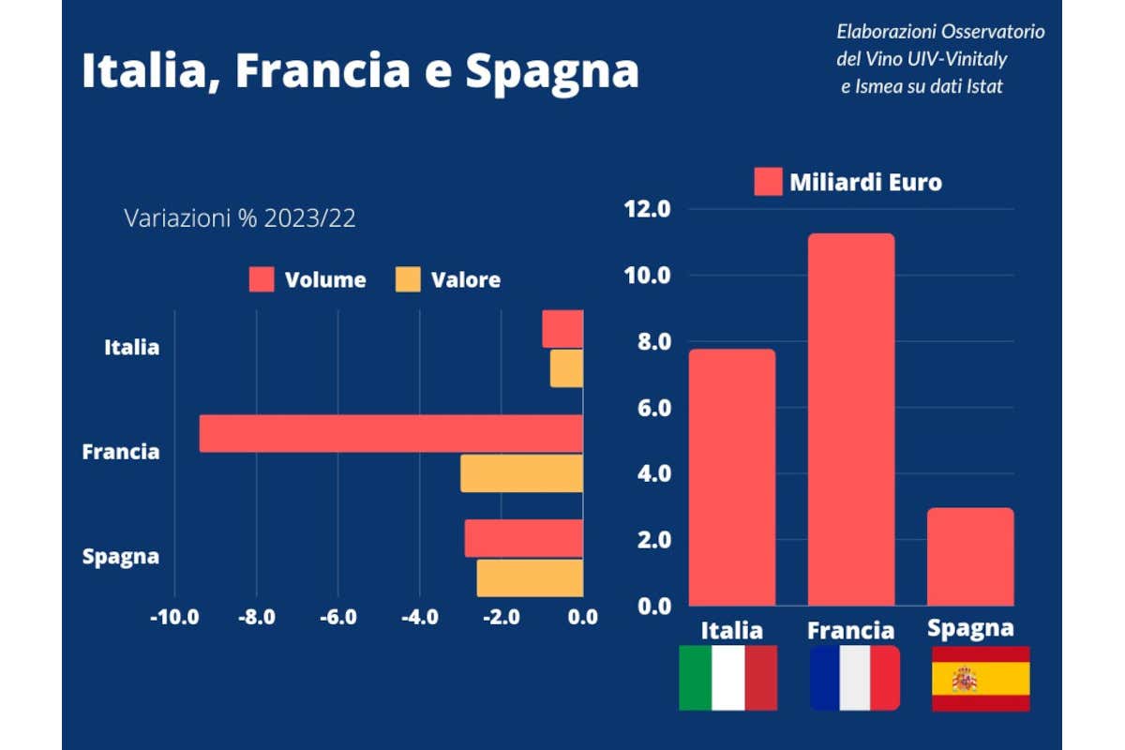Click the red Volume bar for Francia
pyautogui.click(x=391, y=433)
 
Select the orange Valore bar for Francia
pyautogui.click(x=521, y=473)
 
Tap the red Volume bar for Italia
pyautogui.click(x=562, y=329)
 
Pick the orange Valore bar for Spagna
pyautogui.click(x=530, y=577)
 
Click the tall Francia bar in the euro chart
pyautogui.click(x=850, y=419)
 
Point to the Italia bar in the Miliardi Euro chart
pyautogui.click(x=732, y=477)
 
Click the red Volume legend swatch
pyautogui.click(x=262, y=279)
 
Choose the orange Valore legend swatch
pyautogui.click(x=408, y=279)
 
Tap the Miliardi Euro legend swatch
pyautogui.click(x=768, y=182)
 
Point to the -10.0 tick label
pyautogui.click(x=174, y=618)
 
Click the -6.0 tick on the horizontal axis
pyautogui.click(x=337, y=618)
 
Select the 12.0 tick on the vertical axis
pyautogui.click(x=648, y=209)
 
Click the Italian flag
pyautogui.click(x=728, y=678)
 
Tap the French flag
pyautogui.click(x=855, y=678)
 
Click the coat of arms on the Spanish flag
pyautogui.click(x=965, y=679)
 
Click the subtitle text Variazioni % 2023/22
pyautogui.click(x=240, y=218)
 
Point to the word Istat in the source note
pyautogui.click(x=982, y=86)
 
